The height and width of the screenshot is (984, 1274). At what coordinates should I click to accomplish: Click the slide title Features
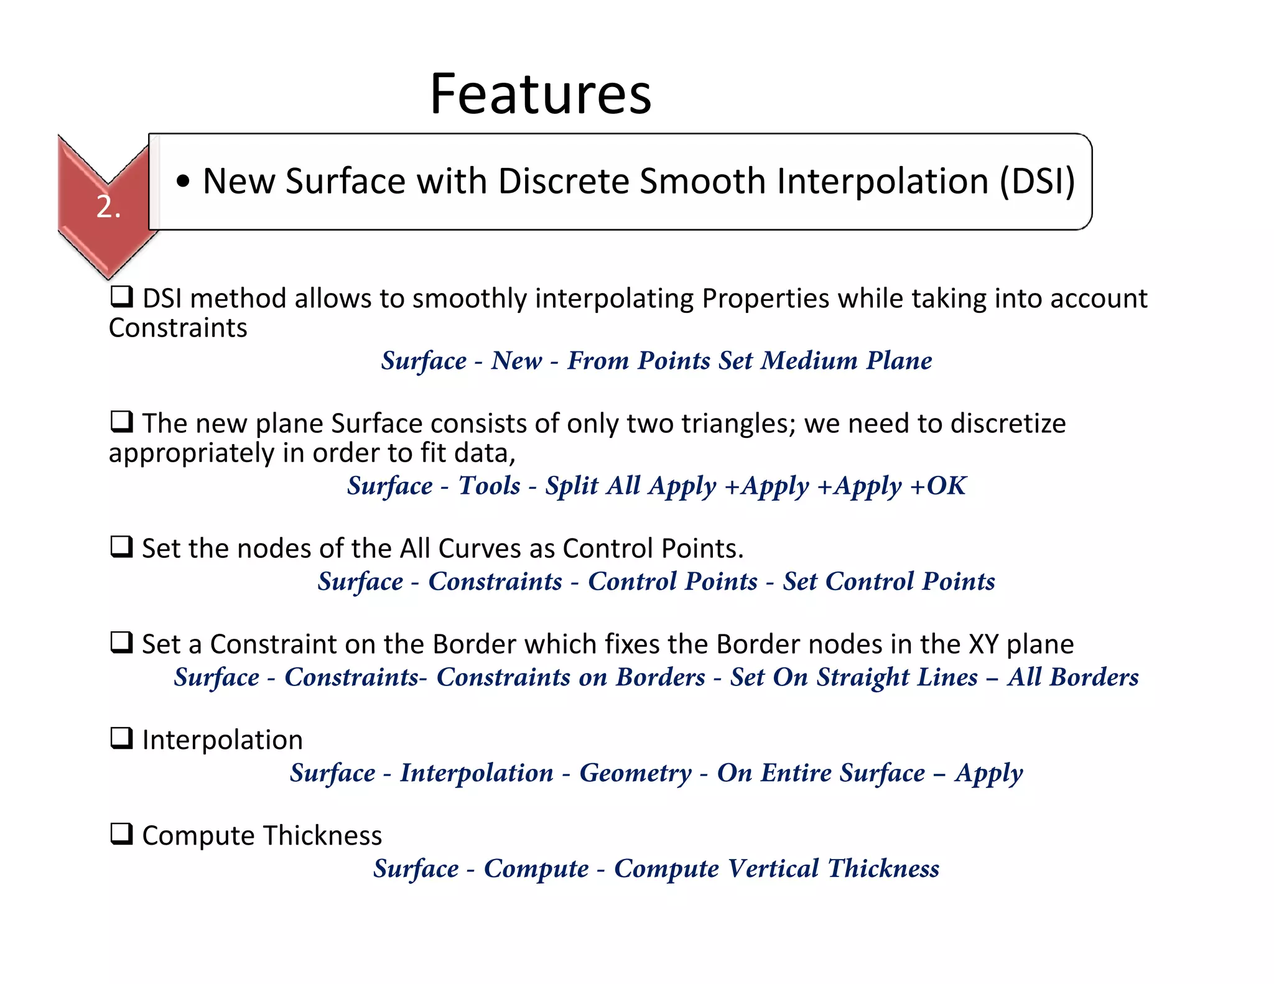[540, 95]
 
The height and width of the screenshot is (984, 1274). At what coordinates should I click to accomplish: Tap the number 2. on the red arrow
[108, 207]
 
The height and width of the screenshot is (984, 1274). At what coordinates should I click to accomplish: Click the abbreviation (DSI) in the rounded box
[1037, 182]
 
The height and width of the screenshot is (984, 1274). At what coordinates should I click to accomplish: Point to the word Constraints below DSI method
[178, 328]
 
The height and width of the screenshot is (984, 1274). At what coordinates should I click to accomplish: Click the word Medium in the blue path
[809, 361]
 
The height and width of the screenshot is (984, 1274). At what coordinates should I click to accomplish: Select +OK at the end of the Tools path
[938, 486]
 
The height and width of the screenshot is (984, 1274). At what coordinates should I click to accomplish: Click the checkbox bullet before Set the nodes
[121, 547]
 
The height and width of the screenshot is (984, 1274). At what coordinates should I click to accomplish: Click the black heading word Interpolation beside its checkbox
[222, 740]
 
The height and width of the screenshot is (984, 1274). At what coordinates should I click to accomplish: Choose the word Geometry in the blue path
[635, 773]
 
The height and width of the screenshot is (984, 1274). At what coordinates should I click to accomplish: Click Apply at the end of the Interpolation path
[988, 773]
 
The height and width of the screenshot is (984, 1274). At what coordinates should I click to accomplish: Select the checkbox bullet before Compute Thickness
[121, 833]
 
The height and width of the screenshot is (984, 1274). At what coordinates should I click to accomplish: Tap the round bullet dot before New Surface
[183, 182]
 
